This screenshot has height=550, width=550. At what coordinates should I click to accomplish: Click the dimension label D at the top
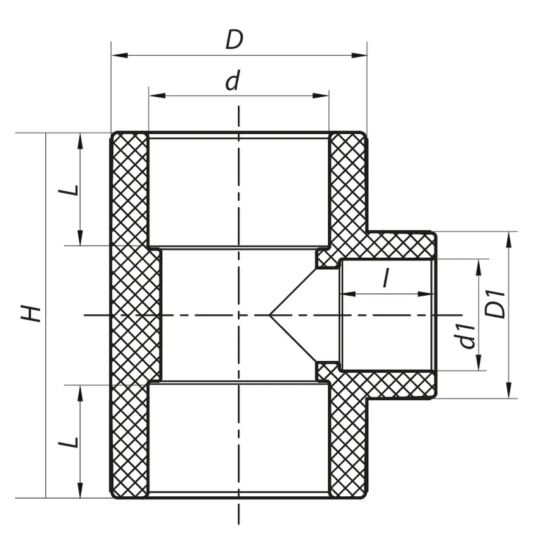234,40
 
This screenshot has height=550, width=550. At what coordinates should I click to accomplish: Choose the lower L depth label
71,441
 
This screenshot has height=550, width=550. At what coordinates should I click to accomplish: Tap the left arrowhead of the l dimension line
347,295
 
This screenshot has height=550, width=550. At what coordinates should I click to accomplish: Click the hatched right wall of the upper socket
348,183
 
